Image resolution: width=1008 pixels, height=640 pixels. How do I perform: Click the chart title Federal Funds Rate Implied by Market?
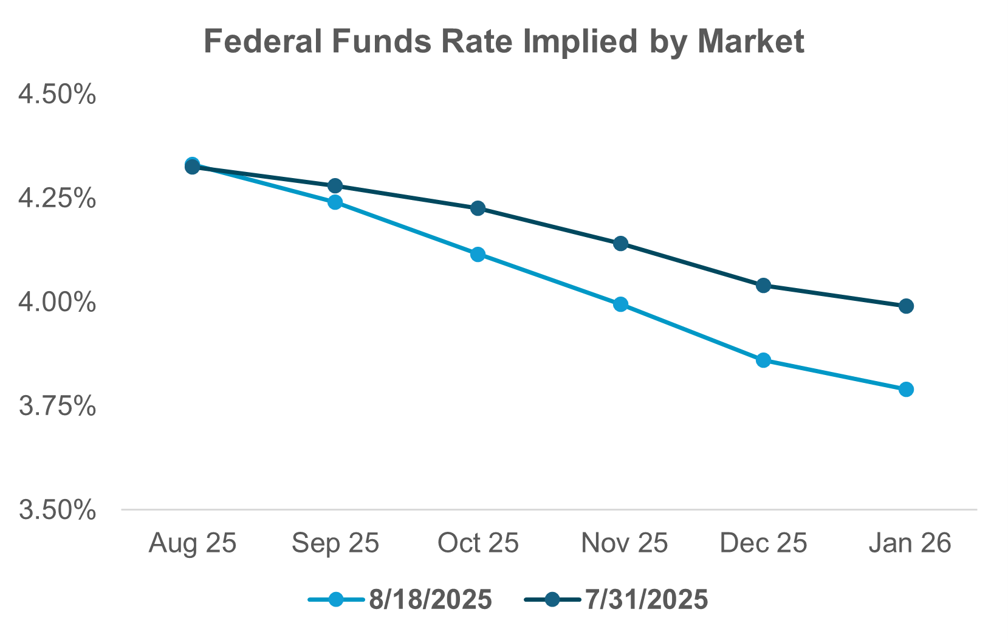[504, 42]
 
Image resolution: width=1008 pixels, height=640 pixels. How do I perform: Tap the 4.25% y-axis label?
[57, 198]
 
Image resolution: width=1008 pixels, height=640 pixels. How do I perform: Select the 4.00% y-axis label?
[57, 302]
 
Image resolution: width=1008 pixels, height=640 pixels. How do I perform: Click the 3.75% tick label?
[57, 406]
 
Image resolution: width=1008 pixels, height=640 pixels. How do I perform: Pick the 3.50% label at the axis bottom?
[57, 510]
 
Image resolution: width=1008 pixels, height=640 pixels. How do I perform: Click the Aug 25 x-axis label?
[192, 543]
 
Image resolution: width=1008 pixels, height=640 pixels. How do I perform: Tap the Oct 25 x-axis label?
[478, 543]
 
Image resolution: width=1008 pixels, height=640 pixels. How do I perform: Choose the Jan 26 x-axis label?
[909, 543]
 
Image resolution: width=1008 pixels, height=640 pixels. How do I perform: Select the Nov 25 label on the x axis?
[624, 543]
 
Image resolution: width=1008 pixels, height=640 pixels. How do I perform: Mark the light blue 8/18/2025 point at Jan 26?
[906, 389]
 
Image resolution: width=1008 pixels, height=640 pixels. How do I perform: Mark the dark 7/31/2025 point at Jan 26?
[906, 306]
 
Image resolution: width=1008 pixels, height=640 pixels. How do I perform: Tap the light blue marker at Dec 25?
[764, 360]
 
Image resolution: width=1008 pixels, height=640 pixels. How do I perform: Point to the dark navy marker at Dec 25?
[764, 286]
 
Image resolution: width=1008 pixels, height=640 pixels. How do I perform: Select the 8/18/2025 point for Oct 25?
[478, 254]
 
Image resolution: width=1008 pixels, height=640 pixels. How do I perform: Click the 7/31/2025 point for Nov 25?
[620, 244]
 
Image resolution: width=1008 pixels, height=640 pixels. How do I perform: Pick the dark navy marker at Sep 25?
[335, 185]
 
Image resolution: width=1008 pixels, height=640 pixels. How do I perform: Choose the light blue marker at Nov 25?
[620, 304]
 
